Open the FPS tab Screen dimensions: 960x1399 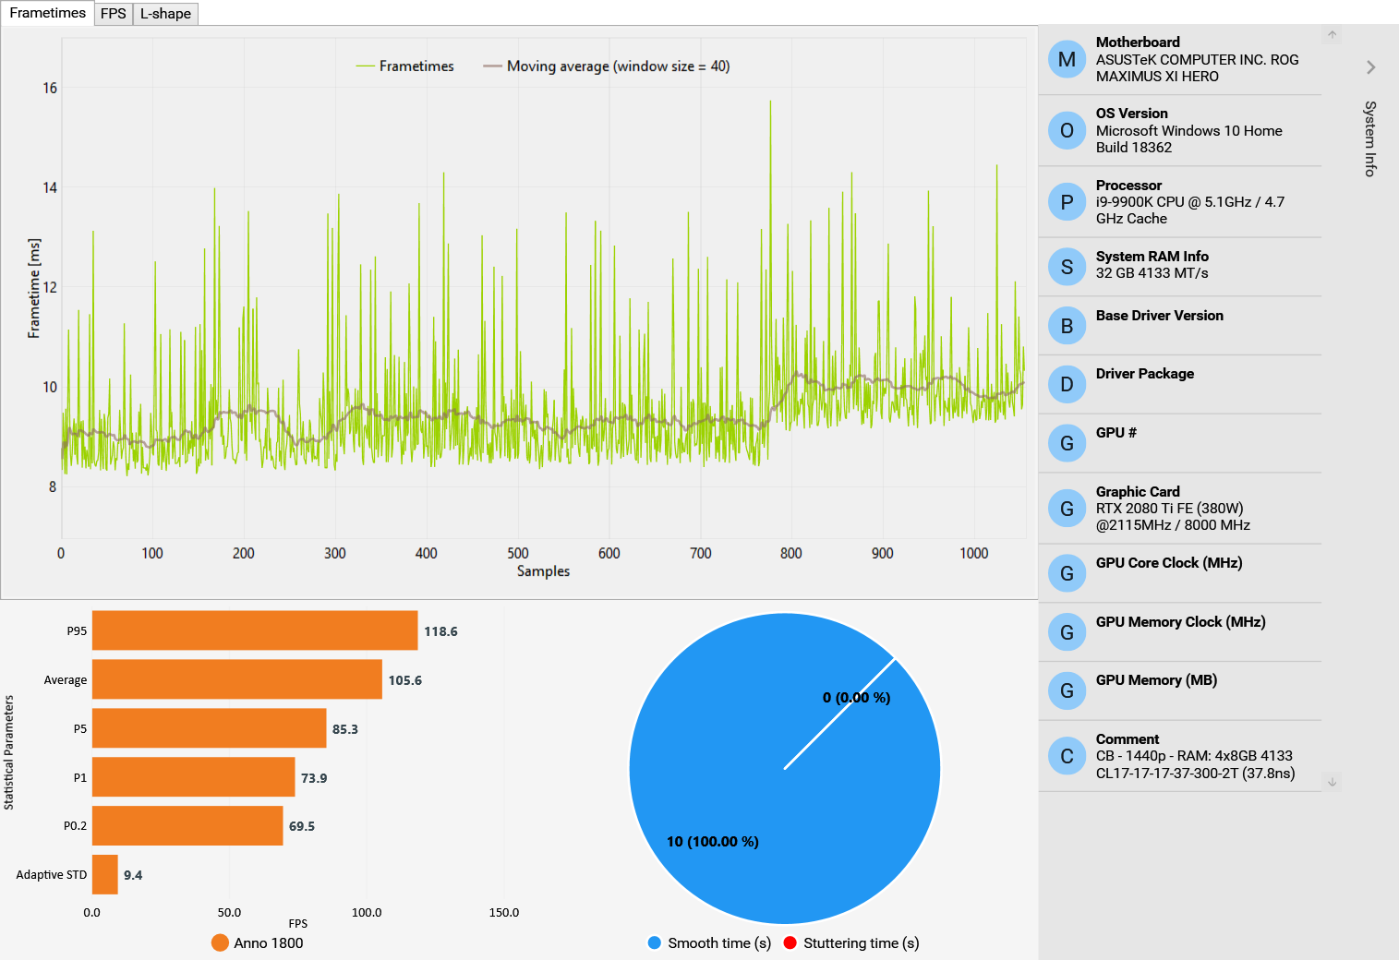tap(114, 14)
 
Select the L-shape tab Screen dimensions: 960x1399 tap(165, 14)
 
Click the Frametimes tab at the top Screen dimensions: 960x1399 tap(47, 13)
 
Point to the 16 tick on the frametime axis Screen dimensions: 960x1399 tap(50, 89)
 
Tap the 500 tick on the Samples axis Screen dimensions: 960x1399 tap(518, 553)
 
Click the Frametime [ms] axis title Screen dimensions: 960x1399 tap(34, 288)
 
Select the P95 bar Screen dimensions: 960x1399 tap(255, 630)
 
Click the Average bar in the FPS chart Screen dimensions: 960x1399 tap(237, 679)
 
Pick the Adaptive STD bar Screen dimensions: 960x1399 tap(105, 874)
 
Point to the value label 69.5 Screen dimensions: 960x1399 tap(302, 826)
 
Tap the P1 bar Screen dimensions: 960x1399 tap(194, 777)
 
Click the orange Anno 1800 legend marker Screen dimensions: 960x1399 tap(220, 942)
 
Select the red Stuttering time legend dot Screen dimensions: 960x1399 tap(790, 942)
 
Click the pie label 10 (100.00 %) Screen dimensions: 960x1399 tap(713, 842)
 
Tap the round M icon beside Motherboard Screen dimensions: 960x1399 tap(1067, 59)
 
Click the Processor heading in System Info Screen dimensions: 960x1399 tap(1128, 186)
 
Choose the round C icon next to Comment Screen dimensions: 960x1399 tap(1067, 756)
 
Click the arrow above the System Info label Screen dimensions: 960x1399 tap(1371, 67)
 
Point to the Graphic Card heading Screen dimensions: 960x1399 tap(1138, 492)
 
